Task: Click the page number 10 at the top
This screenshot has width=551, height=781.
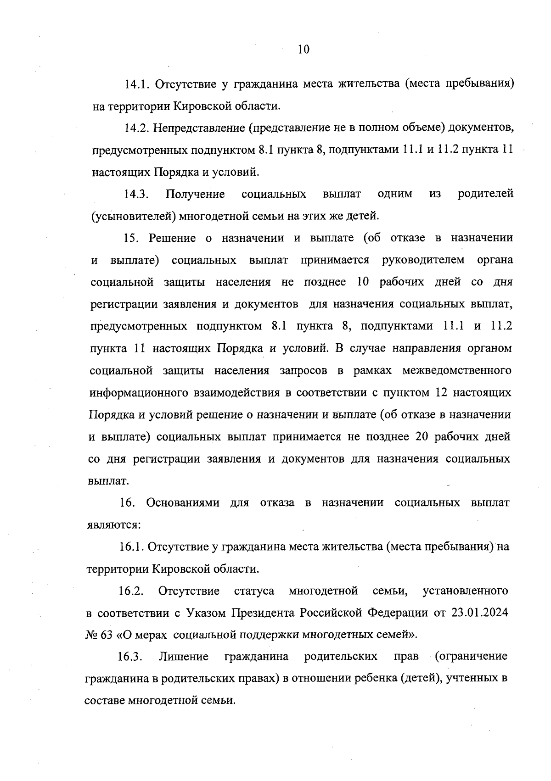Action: click(x=304, y=49)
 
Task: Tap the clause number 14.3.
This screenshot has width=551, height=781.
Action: click(x=136, y=195)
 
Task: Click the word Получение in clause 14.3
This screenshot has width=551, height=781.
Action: click(x=195, y=195)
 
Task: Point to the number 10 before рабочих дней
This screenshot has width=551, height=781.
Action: click(x=363, y=282)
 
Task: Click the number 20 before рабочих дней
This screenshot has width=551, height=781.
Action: click(x=422, y=436)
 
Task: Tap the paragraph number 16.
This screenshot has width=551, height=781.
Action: click(x=127, y=503)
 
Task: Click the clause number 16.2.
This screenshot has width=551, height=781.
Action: click(x=131, y=591)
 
